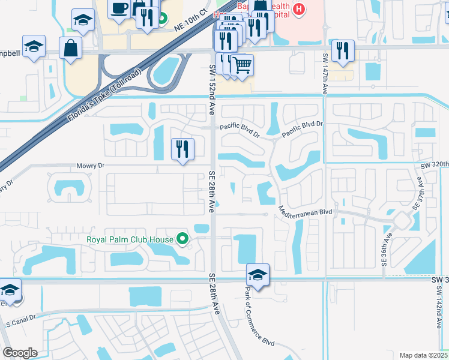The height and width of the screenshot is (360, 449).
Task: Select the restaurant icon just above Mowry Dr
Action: [182, 149]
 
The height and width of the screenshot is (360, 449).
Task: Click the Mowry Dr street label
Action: [91, 165]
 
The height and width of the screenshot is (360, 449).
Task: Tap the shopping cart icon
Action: [242, 64]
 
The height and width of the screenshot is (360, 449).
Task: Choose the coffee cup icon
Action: [119, 8]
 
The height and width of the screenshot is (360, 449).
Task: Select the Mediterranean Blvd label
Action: [305, 212]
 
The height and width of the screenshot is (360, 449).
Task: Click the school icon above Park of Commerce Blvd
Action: [258, 275]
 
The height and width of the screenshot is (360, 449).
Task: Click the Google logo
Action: [20, 353]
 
